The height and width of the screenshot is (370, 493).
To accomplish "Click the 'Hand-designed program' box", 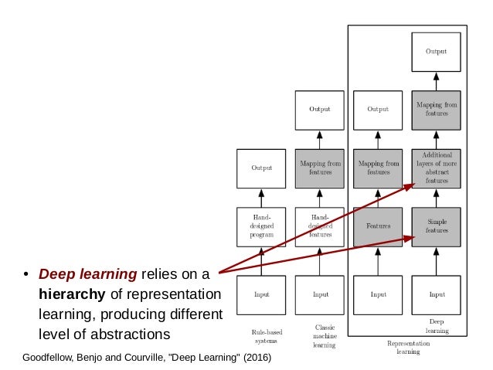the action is coord(260,226).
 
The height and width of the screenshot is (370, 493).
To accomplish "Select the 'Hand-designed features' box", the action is coord(319,226).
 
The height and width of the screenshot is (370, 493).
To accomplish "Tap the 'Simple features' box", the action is coord(437,226).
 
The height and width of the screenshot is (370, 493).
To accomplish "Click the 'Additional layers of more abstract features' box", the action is coord(437,168).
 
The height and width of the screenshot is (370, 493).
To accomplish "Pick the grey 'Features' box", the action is coord(378,226).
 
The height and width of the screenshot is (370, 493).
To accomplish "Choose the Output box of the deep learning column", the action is coord(437,52).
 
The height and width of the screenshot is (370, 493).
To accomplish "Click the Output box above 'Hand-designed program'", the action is coord(260,168).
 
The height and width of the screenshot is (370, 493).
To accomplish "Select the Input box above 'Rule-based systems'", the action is coord(260,294).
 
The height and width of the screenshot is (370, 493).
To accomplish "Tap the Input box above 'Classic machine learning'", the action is coord(319,294).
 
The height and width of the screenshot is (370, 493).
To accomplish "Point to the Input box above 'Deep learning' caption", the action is coord(437,294).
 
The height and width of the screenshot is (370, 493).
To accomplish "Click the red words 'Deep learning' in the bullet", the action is coord(87,274).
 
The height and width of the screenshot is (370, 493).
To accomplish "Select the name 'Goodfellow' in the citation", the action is coord(49,358).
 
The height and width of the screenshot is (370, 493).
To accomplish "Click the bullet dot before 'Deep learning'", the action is coord(25,275).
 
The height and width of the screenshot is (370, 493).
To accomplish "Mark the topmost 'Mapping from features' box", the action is coord(437,109).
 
